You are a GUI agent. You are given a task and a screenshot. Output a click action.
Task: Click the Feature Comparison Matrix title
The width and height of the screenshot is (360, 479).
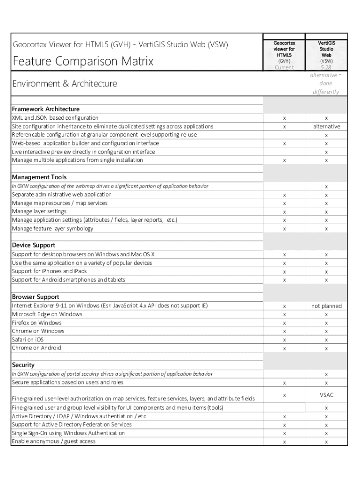pos(83,61)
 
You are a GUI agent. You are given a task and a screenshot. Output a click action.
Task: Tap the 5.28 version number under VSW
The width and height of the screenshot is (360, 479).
pos(326,67)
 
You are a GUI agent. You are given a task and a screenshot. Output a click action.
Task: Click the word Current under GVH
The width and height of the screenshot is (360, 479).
pos(284,67)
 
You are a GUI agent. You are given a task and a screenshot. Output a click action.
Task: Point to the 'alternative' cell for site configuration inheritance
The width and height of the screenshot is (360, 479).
pos(326,126)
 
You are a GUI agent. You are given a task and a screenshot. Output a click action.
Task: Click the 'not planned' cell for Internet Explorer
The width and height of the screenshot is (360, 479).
pos(326,306)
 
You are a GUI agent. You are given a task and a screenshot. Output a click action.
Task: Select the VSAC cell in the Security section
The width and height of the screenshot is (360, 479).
pos(326,395)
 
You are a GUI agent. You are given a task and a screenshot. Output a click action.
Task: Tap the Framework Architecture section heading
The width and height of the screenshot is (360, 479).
pos(46,109)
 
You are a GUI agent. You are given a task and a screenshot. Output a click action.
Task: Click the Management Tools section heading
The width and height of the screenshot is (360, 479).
pos(39,177)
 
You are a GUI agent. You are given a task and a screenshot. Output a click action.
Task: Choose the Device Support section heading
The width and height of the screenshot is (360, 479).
pos(34,246)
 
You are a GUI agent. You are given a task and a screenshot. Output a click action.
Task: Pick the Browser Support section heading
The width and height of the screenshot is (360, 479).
pos(36,297)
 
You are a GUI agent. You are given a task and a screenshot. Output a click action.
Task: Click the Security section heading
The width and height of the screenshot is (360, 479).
pos(23,365)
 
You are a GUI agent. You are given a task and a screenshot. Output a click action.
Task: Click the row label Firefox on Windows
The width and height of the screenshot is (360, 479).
pos(36,323)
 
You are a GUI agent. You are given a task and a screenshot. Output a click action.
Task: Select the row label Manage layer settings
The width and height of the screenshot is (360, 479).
pos(39,211)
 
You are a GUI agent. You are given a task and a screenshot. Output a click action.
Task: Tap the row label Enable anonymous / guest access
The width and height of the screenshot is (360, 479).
pos(54,442)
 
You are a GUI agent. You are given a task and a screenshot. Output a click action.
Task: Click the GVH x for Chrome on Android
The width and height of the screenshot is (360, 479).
pos(284,348)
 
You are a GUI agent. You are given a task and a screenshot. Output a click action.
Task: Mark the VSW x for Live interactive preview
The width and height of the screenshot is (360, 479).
pos(326,152)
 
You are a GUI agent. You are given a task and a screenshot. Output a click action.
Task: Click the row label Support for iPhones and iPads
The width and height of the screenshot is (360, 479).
pos(49,271)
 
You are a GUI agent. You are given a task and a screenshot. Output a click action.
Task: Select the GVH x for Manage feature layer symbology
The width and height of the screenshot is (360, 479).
pos(284,229)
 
